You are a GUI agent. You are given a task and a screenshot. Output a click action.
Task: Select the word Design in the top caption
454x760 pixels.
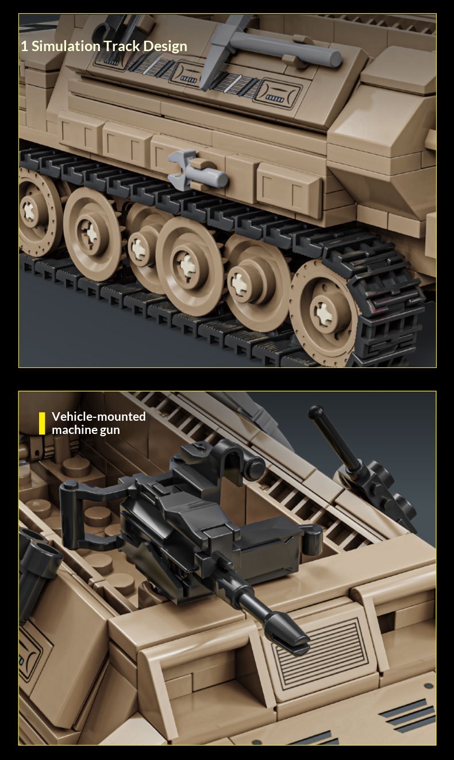coord(165,47)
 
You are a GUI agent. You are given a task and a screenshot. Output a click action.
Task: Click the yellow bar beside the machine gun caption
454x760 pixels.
coord(42,423)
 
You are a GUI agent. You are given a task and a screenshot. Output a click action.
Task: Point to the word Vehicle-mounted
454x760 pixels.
coord(98,416)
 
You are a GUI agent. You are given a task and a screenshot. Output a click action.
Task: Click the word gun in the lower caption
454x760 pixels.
coord(110,431)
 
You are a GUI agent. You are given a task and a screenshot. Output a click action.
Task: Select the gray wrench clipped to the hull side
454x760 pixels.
coord(197,170)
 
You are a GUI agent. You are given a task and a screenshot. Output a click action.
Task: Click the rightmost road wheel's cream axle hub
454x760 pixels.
coord(322,312)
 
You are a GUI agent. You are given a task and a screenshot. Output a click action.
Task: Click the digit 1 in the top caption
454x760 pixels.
coord(24,46)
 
